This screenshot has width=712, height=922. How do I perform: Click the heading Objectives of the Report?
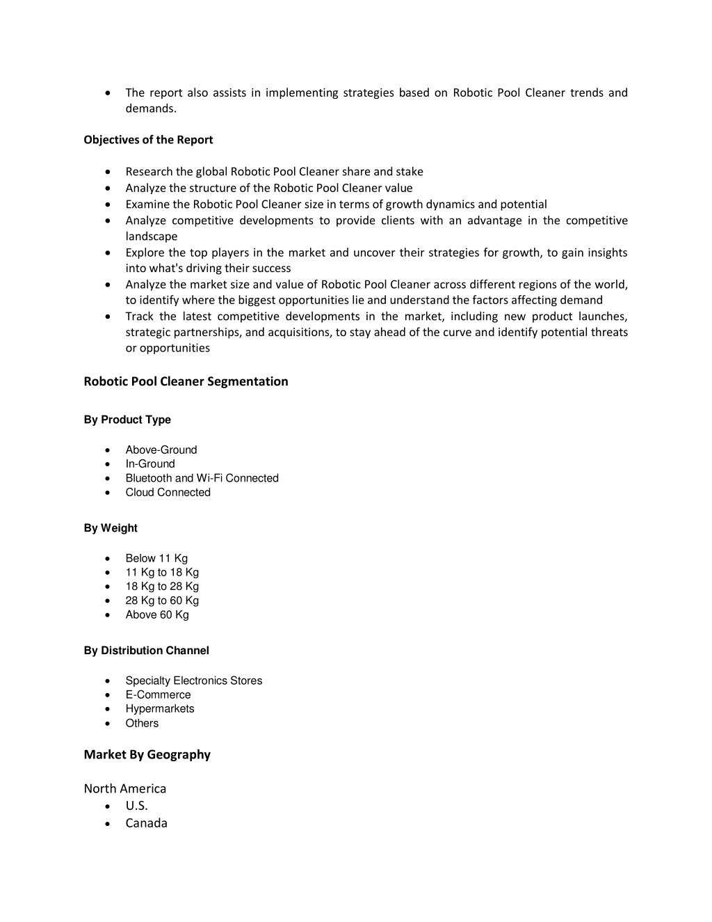pos(148,140)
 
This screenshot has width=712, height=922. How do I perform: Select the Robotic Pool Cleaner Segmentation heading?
pos(186,381)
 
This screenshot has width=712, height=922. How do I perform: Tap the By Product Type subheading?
pos(127,420)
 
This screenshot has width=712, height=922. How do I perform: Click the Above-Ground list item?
pos(161,450)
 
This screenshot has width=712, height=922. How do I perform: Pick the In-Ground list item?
pos(150,464)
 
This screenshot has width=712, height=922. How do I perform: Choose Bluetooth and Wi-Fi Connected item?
pos(202,478)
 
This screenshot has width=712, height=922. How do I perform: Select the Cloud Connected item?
pos(168,493)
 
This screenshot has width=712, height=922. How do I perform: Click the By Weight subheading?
pos(111,528)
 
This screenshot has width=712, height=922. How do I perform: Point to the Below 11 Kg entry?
pos(156,558)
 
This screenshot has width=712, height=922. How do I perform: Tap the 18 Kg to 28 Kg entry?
pos(162,587)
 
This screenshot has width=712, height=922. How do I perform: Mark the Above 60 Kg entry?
pos(157,614)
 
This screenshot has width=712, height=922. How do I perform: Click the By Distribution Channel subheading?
pos(146,651)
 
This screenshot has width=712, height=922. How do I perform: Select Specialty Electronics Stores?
pos(194,681)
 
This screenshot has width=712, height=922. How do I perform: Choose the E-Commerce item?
pos(158,694)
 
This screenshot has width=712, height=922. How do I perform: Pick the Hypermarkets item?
pos(160,709)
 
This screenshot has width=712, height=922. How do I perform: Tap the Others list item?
pos(142,723)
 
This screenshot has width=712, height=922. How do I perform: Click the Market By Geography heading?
pos(147,754)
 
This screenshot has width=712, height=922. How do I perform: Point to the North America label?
pos(125,788)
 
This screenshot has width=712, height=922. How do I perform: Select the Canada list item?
pos(146,823)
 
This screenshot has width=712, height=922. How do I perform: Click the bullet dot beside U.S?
pos(107,806)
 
